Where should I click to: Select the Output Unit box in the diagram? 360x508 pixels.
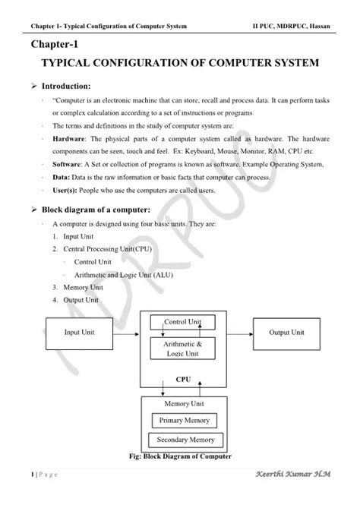286,333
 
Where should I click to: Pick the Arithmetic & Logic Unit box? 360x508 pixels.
182,349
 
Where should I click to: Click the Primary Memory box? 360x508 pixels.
184,420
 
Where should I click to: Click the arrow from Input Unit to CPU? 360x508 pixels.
125,333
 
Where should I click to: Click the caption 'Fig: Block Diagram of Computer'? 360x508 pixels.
182,456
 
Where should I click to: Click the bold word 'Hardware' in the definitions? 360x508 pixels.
68,140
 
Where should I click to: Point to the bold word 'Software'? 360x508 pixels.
68,164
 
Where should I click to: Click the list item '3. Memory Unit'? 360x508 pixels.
80,288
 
